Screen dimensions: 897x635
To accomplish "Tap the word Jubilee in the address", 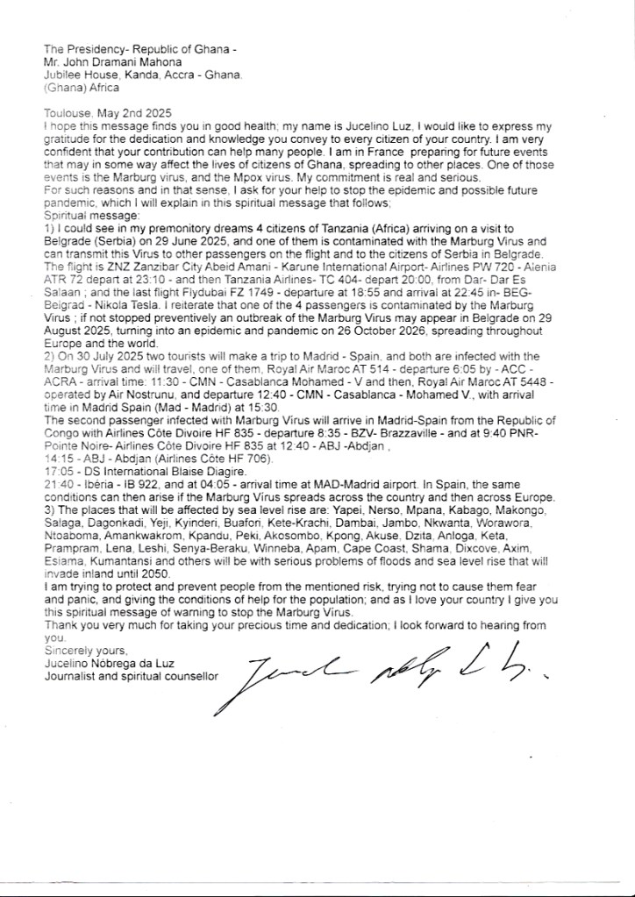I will (x=63, y=76).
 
